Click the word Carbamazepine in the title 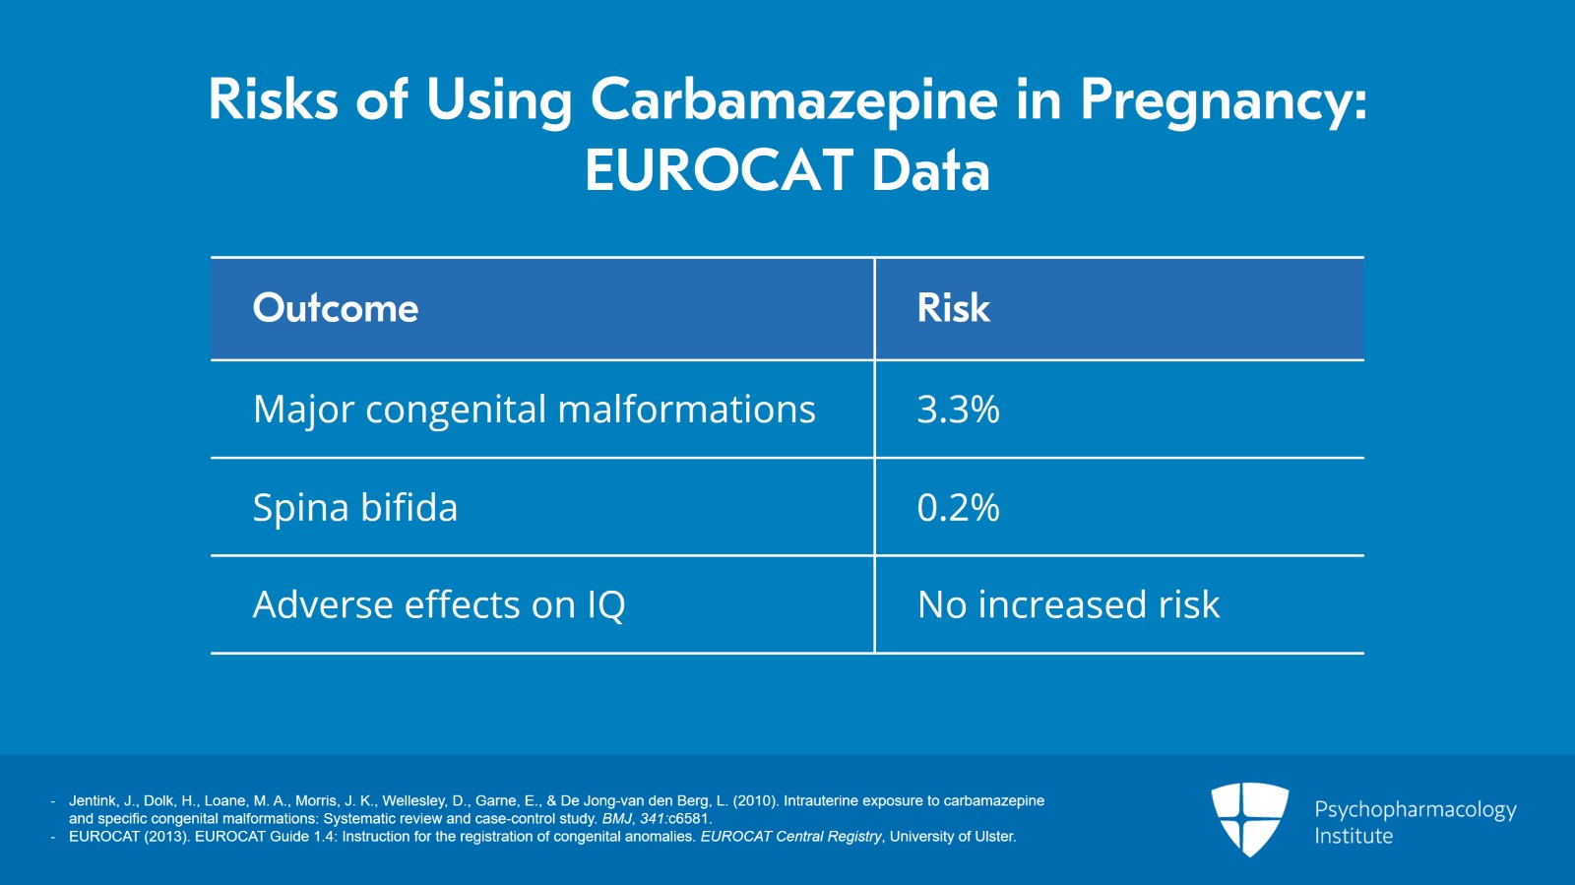click(793, 100)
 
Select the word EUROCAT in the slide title click(718, 170)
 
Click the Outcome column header click(336, 308)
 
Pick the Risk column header click(953, 308)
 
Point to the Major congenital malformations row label click(534, 410)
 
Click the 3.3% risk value click(958, 410)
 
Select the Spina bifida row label click(354, 508)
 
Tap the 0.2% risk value click(958, 508)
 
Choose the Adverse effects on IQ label click(439, 604)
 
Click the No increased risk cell click(1068, 604)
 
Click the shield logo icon click(1249, 818)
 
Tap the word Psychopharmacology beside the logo click(1415, 809)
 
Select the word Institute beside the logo click(1354, 836)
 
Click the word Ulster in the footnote click(992, 836)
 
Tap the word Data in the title click(930, 170)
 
